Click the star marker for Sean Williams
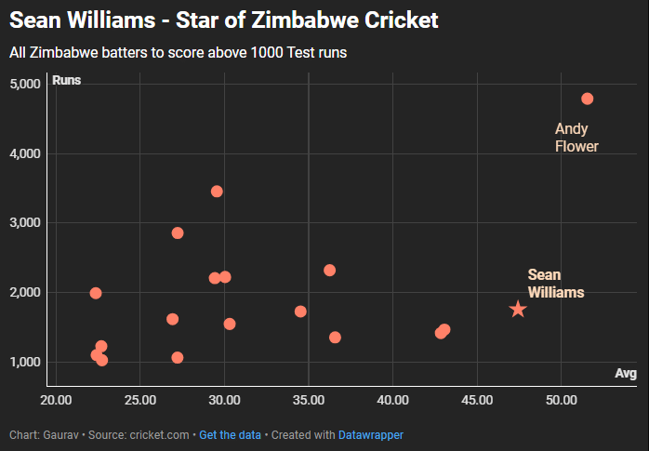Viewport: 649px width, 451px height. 518,309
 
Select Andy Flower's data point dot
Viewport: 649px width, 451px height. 587,99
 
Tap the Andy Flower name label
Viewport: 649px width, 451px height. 576,138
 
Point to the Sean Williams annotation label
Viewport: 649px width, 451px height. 556,284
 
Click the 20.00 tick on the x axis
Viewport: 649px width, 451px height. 56,401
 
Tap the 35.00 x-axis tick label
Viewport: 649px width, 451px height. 308,401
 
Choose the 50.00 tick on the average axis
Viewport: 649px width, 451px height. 561,401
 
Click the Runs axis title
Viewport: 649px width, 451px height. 67,80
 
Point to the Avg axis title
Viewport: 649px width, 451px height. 626,373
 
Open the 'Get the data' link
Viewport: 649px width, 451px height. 230,434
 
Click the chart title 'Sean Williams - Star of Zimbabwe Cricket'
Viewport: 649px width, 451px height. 223,20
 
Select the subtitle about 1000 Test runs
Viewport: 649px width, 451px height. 178,53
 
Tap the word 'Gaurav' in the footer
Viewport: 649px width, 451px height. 61,434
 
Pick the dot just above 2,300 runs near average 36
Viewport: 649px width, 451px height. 329,271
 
